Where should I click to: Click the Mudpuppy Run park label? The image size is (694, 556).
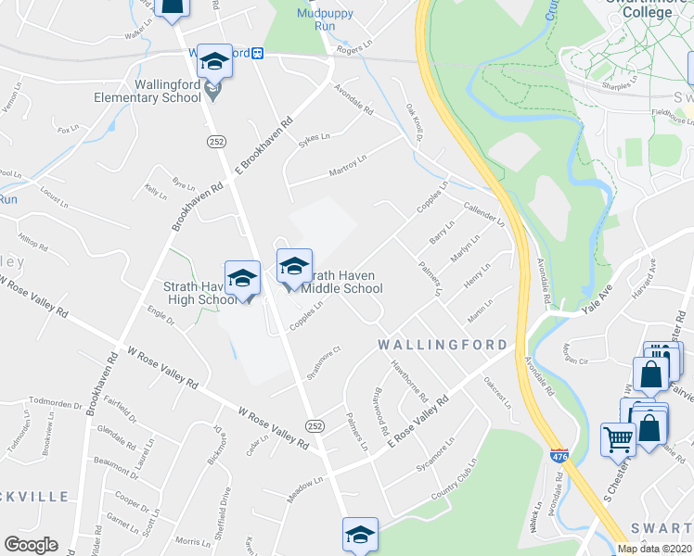316,19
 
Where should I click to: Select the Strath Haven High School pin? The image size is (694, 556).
242,280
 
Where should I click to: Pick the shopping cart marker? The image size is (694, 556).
619,439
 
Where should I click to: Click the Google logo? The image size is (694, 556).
31,545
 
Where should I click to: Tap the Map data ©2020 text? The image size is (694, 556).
655,549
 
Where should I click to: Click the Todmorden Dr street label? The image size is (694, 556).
56,401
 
